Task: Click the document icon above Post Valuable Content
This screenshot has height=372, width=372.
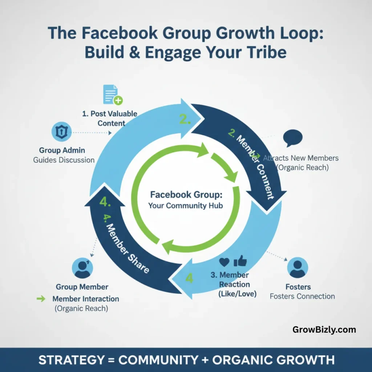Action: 112,94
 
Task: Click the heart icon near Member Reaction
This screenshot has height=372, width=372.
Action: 224,262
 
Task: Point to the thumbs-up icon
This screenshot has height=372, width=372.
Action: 240,260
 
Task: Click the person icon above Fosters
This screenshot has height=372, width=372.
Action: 298,268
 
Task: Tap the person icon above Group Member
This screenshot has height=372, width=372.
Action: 82,268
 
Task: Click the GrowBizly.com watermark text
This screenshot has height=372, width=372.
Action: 324,330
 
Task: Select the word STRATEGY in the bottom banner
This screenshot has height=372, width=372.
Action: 71,360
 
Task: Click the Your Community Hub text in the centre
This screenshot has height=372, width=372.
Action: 186,206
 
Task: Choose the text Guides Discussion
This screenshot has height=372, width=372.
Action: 64,160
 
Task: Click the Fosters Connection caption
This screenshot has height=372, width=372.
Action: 302,296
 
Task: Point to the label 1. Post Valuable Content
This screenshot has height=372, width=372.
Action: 109,118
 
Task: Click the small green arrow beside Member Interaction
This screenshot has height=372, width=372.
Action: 41,299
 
